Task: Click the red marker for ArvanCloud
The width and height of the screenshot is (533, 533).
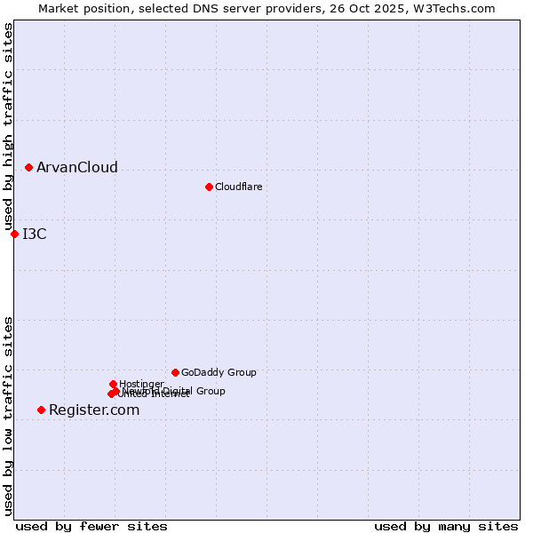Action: click(28, 167)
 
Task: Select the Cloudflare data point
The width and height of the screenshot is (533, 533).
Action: click(209, 187)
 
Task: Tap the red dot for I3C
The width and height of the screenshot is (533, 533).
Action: click(14, 234)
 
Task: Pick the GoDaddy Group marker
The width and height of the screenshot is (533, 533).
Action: click(175, 372)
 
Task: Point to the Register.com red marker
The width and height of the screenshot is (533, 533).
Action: click(41, 410)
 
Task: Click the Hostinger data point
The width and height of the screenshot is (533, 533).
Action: click(113, 384)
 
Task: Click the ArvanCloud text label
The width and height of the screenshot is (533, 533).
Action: click(76, 168)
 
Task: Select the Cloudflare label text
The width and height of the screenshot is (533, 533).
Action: click(238, 187)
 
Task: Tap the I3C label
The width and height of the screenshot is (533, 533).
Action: click(34, 235)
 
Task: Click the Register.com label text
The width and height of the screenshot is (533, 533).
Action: click(93, 410)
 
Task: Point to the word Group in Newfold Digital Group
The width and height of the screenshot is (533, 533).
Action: click(211, 391)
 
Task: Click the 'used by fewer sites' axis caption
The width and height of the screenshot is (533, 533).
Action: click(91, 527)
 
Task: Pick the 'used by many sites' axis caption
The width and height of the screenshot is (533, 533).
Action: click(446, 527)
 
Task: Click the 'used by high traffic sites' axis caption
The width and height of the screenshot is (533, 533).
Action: click(8, 127)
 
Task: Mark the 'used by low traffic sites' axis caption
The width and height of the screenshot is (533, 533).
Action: click(8, 416)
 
